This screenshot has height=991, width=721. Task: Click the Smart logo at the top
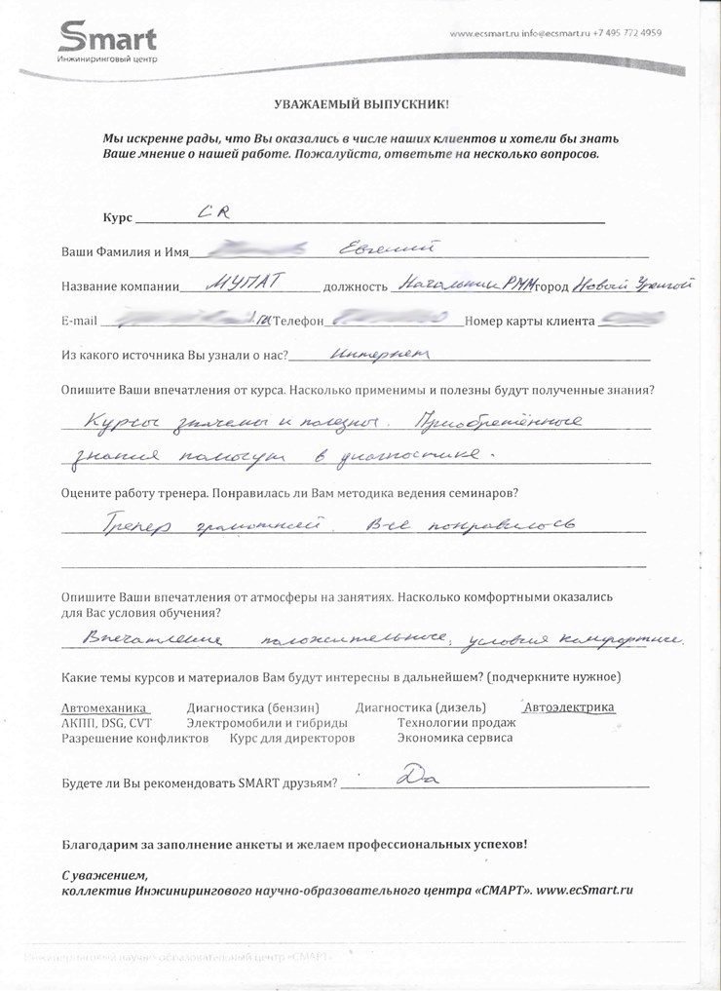pyautogui.click(x=107, y=41)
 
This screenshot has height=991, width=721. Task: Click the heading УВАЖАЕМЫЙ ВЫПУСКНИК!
pyautogui.click(x=360, y=103)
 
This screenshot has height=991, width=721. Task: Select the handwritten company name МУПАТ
pyautogui.click(x=246, y=284)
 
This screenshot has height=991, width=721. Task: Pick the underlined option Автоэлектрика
pyautogui.click(x=569, y=707)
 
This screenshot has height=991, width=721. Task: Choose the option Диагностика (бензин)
pyautogui.click(x=252, y=708)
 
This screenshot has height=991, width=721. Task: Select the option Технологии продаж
pyautogui.click(x=456, y=723)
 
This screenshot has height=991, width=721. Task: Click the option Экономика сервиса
pyautogui.click(x=455, y=738)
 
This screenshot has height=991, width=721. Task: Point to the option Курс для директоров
pyautogui.click(x=291, y=738)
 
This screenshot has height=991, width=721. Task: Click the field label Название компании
pyautogui.click(x=121, y=287)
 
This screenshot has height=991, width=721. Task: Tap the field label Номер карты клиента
pyautogui.click(x=531, y=322)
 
